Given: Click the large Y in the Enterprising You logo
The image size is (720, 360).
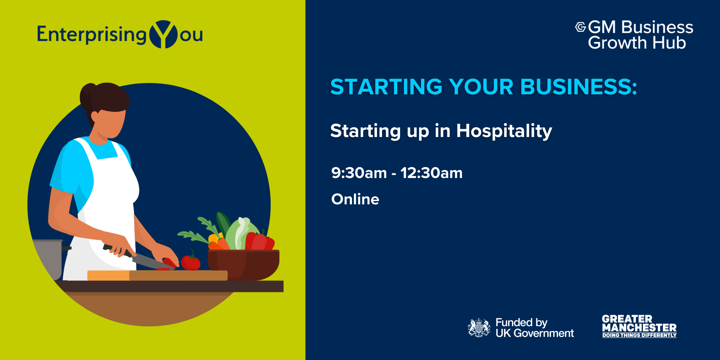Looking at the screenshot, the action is pyautogui.click(x=163, y=34).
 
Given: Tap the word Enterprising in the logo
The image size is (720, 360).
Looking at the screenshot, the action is pyautogui.click(x=92, y=35).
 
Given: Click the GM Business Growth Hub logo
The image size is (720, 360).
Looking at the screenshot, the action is pyautogui.click(x=634, y=35).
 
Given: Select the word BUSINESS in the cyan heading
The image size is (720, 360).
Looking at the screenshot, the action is pyautogui.click(x=579, y=87).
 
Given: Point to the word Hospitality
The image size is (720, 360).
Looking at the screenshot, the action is pyautogui.click(x=504, y=131).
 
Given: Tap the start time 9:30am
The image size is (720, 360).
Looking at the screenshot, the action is pyautogui.click(x=359, y=173).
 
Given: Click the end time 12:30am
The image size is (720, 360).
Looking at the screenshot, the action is pyautogui.click(x=431, y=173).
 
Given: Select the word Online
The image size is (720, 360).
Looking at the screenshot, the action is pyautogui.click(x=355, y=199).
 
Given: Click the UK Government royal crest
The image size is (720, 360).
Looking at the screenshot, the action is pyautogui.click(x=479, y=328).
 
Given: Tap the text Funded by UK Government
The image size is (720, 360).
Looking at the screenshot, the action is pyautogui.click(x=535, y=328).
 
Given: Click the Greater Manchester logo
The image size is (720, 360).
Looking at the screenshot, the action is pyautogui.click(x=639, y=326).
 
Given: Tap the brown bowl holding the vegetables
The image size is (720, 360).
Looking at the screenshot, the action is pyautogui.click(x=243, y=265).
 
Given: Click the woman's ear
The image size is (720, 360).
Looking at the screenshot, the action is pyautogui.click(x=95, y=117).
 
